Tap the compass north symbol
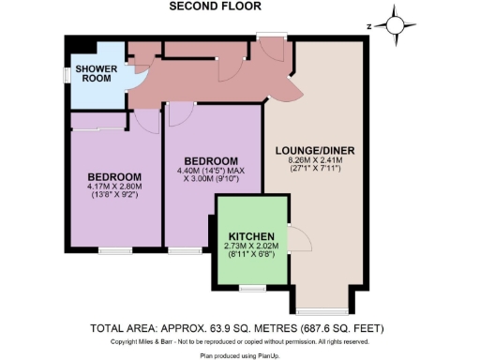tap(396, 25)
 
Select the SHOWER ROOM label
tap(95, 73)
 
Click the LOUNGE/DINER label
tap(314, 150)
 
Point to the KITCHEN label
tap(251, 235)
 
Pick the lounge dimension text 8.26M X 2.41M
tap(315, 161)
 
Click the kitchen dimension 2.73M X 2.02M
tap(251, 247)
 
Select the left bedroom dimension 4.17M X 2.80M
tap(113, 187)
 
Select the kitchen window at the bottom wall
tap(251, 286)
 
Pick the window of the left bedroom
tap(114, 250)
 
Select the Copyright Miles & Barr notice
tap(240, 342)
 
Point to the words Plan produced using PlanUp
tap(240, 356)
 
